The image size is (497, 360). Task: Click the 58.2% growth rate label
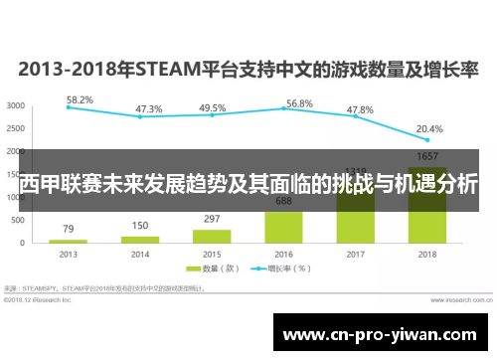(81, 100)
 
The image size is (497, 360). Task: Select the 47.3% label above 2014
(149, 108)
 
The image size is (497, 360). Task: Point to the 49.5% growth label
(212, 107)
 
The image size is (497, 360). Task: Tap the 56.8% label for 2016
(299, 103)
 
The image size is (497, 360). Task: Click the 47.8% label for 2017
(359, 109)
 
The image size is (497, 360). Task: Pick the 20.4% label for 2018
(429, 128)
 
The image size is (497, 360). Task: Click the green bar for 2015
(212, 237)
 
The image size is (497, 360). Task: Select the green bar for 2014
(140, 240)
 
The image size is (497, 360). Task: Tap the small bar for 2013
(69, 242)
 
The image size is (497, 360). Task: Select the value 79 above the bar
(69, 230)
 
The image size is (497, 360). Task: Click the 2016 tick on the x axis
(283, 254)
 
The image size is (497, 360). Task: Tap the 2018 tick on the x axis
(426, 254)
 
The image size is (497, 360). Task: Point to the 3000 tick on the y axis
(16, 105)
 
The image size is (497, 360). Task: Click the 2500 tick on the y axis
(16, 128)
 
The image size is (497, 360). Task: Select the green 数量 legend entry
(218, 269)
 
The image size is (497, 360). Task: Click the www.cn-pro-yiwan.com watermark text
(383, 335)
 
